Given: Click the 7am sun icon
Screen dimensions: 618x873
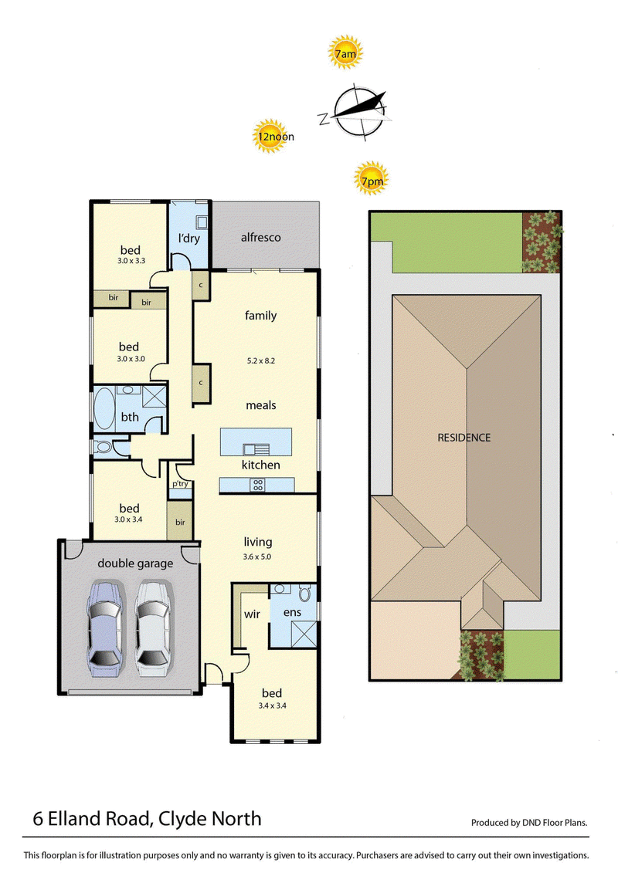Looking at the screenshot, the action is click(345, 52).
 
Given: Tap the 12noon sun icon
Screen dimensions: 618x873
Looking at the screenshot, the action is click(270, 136).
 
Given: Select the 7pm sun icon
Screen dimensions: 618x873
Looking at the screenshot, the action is click(371, 179).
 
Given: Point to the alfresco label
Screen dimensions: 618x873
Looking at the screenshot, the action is click(261, 237).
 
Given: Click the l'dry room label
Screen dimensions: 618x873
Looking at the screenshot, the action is click(189, 239).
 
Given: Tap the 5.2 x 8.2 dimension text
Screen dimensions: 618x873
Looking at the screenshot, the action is click(261, 360).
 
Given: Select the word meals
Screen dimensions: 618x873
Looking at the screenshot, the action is click(261, 405).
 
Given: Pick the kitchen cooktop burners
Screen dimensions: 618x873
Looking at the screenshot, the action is click(257, 485).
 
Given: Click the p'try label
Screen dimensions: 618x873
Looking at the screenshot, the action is click(180, 484).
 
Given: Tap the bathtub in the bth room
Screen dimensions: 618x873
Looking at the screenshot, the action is click(104, 409).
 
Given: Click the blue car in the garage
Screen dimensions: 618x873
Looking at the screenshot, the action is click(105, 628).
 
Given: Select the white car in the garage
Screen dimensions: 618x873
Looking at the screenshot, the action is click(153, 628).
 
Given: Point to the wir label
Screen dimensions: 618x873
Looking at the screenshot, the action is click(252, 614).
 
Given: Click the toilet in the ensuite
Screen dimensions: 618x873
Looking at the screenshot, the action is click(304, 594).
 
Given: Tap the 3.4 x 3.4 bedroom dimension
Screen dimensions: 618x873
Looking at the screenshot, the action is click(272, 706).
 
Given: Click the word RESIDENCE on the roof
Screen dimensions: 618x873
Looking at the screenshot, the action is click(464, 438).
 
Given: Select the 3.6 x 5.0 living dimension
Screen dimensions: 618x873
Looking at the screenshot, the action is click(257, 557).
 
